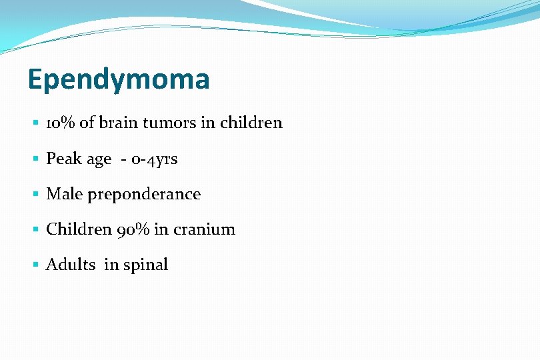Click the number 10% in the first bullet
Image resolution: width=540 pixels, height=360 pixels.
61,123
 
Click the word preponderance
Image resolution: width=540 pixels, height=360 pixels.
143,195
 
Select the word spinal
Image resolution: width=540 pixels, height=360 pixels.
145,265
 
